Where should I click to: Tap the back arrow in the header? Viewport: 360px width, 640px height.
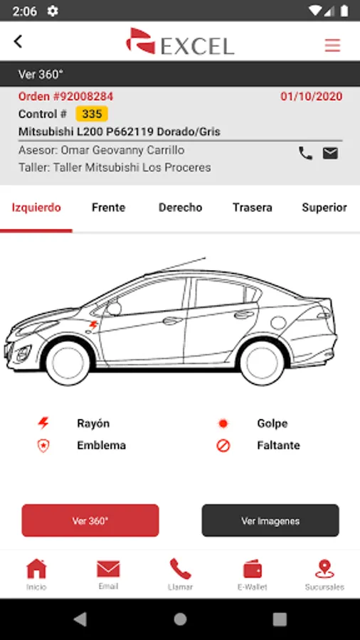[x=18, y=41]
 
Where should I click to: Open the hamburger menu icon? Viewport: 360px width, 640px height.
[x=332, y=45]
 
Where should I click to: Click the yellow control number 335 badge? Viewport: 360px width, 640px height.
[x=92, y=114]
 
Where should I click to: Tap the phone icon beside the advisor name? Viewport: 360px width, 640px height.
[x=305, y=153]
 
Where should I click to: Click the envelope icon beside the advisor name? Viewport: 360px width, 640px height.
[x=330, y=153]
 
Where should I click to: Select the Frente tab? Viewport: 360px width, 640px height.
[x=109, y=208]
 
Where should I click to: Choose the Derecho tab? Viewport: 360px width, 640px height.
[x=181, y=208]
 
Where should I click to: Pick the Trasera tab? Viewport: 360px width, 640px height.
[x=253, y=208]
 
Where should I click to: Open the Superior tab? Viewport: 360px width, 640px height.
[x=324, y=208]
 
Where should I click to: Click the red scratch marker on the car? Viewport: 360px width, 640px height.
[x=93, y=325]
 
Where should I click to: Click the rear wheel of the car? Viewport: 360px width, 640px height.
[x=262, y=363]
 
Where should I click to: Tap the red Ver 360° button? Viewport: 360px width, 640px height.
[x=90, y=521]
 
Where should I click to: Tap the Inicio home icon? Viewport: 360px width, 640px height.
[x=36, y=569]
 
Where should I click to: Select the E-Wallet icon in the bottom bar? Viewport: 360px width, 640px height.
[x=253, y=569]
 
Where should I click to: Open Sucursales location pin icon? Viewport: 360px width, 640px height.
[x=324, y=569]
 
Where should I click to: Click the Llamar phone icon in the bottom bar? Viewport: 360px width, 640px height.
[x=181, y=569]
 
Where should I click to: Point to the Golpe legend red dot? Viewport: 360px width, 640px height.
[x=223, y=424]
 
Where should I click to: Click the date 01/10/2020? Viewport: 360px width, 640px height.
[x=312, y=97]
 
